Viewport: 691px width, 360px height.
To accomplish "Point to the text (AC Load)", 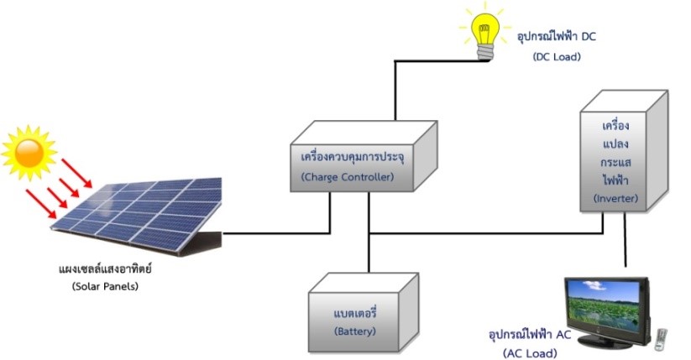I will [x=531, y=353].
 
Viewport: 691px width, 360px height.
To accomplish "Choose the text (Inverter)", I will [x=616, y=198].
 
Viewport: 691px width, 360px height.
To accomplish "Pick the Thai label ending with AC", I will [x=530, y=335].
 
